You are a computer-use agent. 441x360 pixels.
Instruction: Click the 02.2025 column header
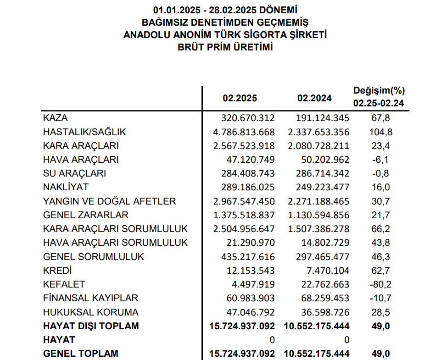click(x=240, y=98)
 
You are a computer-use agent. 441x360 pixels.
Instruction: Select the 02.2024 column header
click(x=314, y=98)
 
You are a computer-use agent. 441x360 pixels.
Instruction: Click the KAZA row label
click(x=55, y=118)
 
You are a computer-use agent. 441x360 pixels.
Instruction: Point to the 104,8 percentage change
click(x=381, y=132)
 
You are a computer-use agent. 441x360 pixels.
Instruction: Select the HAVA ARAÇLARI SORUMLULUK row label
click(x=115, y=243)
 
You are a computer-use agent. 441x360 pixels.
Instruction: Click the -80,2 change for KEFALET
click(x=380, y=284)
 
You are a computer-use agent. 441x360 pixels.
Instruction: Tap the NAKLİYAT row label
click(x=66, y=187)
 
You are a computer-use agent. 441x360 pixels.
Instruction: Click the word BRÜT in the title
click(x=193, y=47)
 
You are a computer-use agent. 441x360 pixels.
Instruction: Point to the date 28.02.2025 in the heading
click(x=233, y=9)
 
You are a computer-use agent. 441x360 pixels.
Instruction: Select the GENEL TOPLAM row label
click(x=80, y=354)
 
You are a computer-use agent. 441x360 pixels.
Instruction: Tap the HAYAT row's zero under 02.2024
click(x=346, y=340)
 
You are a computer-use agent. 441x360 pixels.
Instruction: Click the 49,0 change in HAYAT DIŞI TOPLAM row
click(x=381, y=326)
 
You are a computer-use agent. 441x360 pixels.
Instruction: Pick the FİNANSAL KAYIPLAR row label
click(x=90, y=298)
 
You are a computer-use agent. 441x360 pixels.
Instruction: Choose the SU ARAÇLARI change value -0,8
click(x=380, y=173)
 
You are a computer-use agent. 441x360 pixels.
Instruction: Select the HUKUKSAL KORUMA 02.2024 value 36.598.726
click(x=319, y=312)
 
